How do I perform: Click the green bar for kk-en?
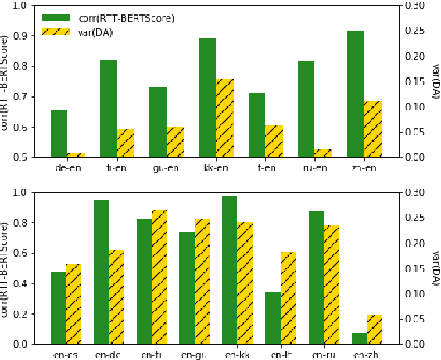click(x=207, y=98)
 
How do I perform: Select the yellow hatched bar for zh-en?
click(x=372, y=129)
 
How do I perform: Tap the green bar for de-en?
click(x=59, y=134)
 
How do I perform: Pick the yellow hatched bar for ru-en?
click(x=323, y=153)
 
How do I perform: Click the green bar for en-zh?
click(x=359, y=339)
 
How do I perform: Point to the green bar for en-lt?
click(x=273, y=318)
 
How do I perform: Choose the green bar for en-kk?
click(x=230, y=270)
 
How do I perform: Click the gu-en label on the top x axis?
click(x=166, y=168)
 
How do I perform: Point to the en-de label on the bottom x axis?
click(x=109, y=355)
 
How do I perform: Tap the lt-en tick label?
click(x=265, y=168)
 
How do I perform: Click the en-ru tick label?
click(x=323, y=355)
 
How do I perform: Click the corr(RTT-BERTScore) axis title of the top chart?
click(x=5, y=81)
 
